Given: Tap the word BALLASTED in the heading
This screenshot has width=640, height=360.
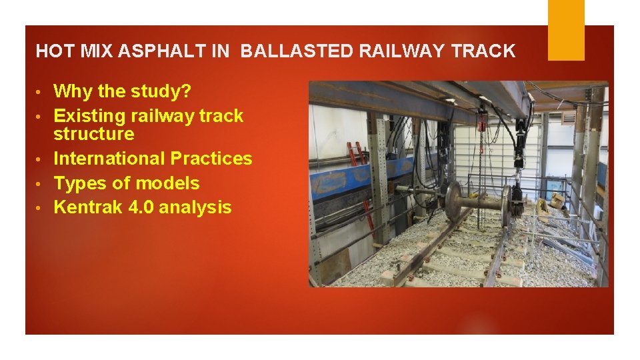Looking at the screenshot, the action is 297,51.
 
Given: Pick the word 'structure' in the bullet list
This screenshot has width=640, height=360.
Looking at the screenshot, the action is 94,134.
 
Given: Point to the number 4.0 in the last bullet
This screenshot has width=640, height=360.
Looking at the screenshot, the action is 141,207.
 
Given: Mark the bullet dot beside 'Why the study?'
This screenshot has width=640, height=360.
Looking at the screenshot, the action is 39,92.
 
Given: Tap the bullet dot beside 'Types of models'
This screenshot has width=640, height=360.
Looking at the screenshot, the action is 39,184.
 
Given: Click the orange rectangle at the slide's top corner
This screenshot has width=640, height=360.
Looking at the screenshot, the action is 566,30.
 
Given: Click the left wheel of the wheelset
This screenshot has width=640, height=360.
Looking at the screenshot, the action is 454,202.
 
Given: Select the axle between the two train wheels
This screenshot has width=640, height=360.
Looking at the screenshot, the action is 482,202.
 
